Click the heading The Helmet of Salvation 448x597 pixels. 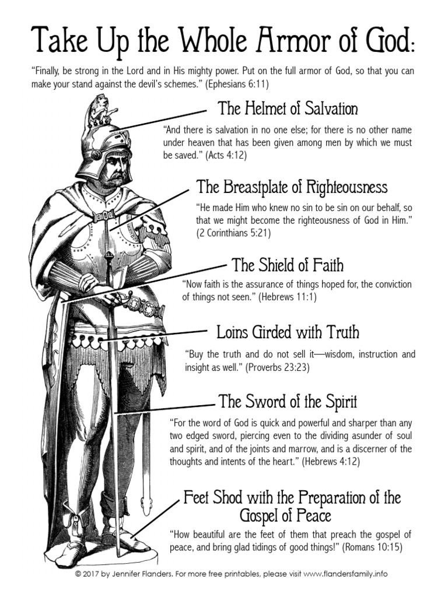(x=288, y=109)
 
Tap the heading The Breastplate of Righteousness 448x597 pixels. (x=292, y=187)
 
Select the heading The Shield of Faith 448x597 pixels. (x=288, y=266)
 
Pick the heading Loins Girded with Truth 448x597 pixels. (x=288, y=333)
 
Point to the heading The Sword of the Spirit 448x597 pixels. (x=288, y=402)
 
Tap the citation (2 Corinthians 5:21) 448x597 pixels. (x=233, y=233)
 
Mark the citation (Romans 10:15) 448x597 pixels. (x=372, y=548)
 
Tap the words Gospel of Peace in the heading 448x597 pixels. (x=285, y=516)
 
